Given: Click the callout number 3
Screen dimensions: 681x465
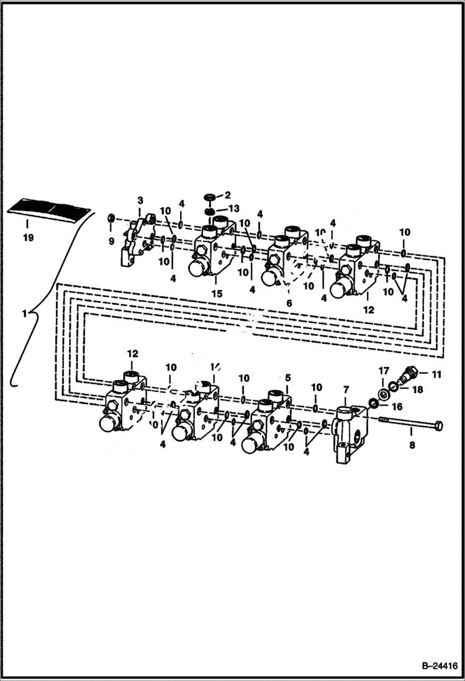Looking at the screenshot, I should [x=140, y=201].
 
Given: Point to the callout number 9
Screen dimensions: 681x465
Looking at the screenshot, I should [x=112, y=241].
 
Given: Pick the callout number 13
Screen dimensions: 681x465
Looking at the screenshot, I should [x=233, y=208].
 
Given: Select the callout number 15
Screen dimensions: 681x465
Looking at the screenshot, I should [x=217, y=294].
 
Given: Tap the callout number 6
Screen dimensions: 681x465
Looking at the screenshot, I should [x=289, y=303].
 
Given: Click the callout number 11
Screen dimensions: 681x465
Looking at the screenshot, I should [x=436, y=374].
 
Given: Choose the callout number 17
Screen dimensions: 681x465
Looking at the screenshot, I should [x=384, y=371].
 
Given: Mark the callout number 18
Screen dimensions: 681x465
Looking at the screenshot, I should [x=418, y=389].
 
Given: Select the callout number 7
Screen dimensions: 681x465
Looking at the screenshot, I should [x=346, y=390].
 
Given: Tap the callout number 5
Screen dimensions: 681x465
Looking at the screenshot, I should [x=287, y=377].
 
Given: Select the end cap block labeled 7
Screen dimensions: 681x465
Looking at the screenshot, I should [x=347, y=435].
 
